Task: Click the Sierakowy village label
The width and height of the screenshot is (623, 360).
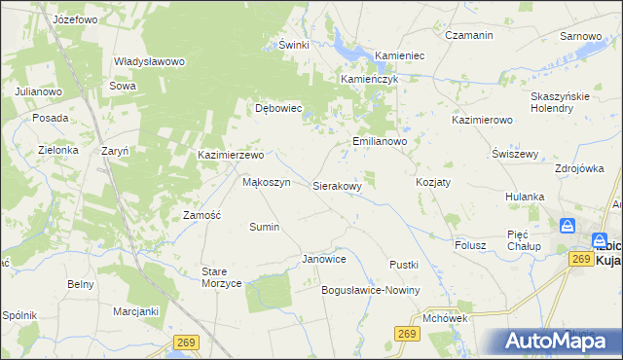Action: (338, 185)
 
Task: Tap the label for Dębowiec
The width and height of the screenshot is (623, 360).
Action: (279, 109)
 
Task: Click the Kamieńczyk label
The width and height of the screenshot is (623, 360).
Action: (370, 79)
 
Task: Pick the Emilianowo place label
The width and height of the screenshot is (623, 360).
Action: (379, 141)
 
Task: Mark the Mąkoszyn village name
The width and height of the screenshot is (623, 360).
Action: (266, 182)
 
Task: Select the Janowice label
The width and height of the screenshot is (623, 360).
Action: (324, 260)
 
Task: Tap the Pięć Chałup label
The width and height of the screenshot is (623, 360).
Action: (524, 240)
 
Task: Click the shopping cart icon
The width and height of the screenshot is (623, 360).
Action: (568, 226)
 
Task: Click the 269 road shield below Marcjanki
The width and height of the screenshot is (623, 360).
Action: (187, 342)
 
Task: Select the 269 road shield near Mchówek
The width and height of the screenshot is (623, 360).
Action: (408, 335)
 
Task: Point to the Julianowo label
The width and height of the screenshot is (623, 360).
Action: (38, 90)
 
